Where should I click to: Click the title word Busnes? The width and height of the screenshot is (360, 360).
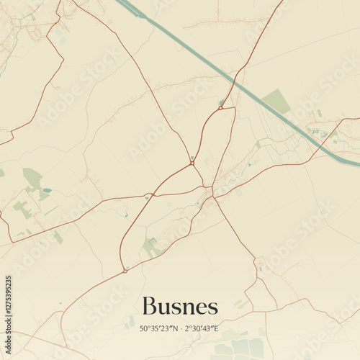[180, 306]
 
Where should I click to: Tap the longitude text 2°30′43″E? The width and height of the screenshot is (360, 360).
[201, 329]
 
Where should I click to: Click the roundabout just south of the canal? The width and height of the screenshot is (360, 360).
[221, 108]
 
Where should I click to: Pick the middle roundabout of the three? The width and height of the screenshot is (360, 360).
[192, 163]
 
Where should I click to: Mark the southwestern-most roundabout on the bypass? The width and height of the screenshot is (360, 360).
[125, 271]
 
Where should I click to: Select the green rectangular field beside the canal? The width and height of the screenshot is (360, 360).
[276, 102]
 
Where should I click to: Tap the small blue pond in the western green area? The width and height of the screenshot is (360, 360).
[47, 190]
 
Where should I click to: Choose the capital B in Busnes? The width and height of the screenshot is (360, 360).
[150, 306]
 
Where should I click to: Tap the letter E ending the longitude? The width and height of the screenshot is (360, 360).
[217, 329]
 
